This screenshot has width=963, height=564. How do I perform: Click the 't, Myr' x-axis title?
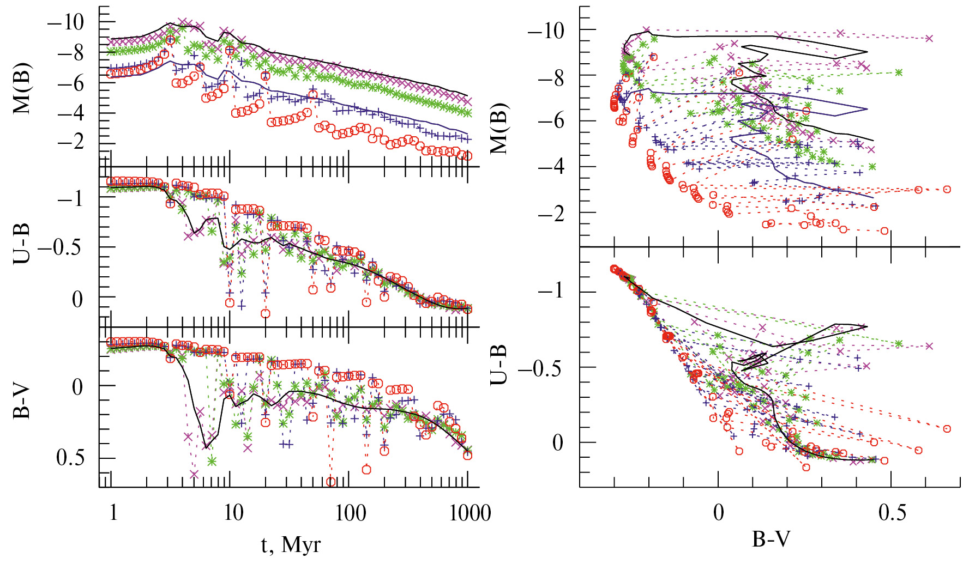pos(291,544)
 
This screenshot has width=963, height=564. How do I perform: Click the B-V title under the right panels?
pos(771,539)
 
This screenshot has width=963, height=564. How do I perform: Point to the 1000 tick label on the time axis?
pos(470,513)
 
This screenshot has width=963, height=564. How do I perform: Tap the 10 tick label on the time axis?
pos(233,513)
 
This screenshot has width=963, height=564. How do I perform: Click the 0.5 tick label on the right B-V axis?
pos(893,513)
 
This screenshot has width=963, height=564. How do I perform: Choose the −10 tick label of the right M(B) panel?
pos(546,31)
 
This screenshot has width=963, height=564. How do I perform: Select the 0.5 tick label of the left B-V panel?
pos(71,458)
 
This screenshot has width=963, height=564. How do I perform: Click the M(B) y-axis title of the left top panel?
pos(22,89)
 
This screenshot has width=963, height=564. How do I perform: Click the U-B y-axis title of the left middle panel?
pos(21,244)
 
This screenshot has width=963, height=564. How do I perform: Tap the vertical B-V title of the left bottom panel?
pos(21,403)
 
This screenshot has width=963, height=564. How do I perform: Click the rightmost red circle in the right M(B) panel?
pos(947,189)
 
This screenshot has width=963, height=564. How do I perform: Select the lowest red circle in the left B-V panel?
pos(330,482)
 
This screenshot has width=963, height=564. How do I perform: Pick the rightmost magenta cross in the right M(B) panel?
pos(929,38)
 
